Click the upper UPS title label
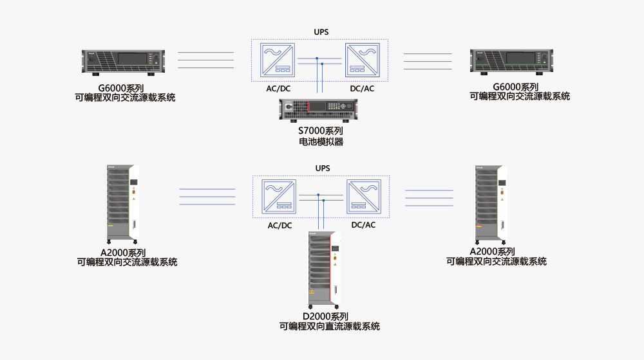click(x=321, y=32)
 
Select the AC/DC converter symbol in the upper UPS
click(x=278, y=60)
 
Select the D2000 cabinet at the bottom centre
click(x=324, y=271)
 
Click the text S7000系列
click(x=320, y=131)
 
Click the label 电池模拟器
click(x=321, y=141)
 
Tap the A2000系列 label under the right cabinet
click(x=493, y=251)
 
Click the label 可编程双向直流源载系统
click(x=329, y=327)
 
